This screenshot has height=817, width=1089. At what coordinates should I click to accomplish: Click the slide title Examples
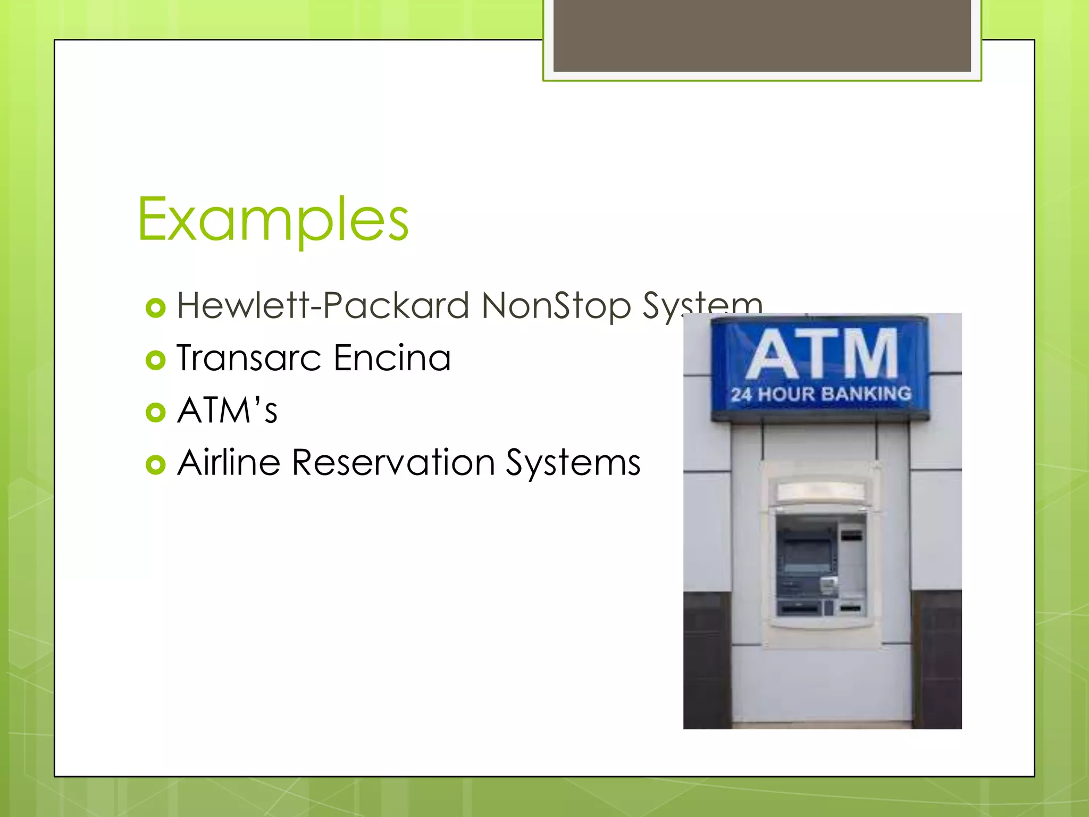[273, 219]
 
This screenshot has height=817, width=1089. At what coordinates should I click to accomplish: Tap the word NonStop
[556, 306]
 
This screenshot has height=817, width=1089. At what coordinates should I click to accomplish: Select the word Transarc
[249, 357]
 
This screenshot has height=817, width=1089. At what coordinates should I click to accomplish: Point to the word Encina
[392, 357]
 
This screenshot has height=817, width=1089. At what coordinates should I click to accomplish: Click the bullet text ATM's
[227, 410]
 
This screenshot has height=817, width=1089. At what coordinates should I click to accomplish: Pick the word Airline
[229, 462]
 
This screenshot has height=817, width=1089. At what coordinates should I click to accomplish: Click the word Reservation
[393, 462]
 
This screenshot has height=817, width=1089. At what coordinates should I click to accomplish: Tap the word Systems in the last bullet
[573, 463]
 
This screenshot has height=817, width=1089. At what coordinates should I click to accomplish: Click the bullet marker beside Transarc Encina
[155, 360]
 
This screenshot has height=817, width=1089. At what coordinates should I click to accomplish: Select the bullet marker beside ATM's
[155, 412]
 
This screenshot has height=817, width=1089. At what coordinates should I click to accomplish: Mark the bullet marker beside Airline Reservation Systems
[155, 464]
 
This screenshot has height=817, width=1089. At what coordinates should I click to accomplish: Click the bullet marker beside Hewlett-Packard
[155, 308]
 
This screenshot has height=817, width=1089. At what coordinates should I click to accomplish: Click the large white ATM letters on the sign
[821, 353]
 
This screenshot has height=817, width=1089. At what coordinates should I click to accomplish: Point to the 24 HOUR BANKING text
[821, 394]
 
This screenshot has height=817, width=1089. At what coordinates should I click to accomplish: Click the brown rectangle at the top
[762, 35]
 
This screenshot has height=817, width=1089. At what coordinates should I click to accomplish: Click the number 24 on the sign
[741, 395]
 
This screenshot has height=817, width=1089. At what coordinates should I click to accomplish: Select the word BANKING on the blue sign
[866, 394]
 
